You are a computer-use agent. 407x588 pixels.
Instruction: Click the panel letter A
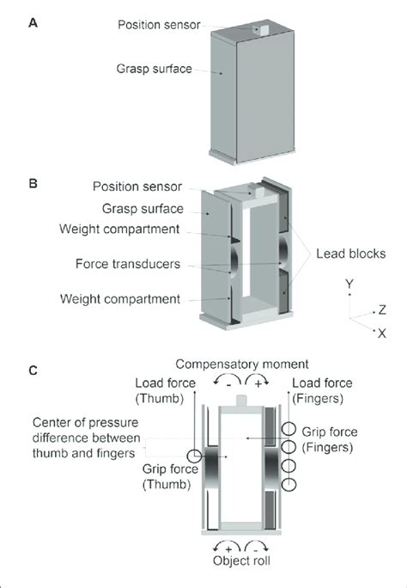click(x=32, y=25)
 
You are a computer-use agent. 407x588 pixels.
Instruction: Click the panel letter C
click(x=32, y=371)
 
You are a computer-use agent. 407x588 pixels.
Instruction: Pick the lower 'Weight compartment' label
click(x=131, y=299)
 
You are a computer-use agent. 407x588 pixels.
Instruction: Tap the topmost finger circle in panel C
click(x=289, y=430)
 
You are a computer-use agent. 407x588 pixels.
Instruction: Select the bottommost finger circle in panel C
click(x=289, y=486)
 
